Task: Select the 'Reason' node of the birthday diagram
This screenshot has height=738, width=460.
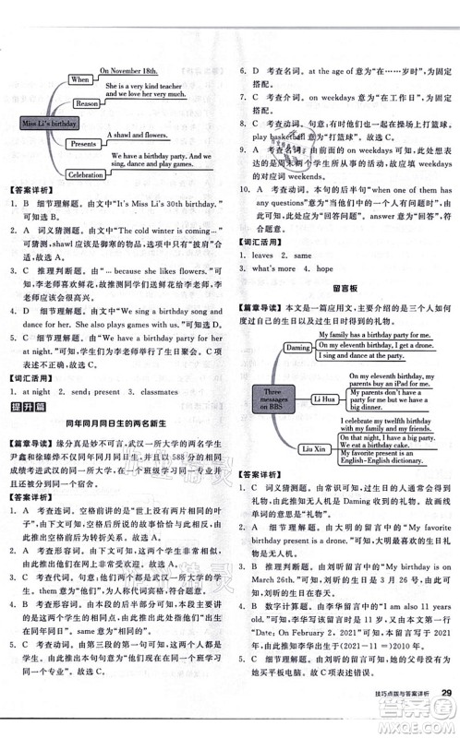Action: (x=86, y=103)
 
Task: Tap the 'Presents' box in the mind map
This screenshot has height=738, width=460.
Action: (x=83, y=144)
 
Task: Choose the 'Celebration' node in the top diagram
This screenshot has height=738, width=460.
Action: (x=85, y=174)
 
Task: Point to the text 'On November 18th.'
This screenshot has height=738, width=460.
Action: (x=129, y=69)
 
